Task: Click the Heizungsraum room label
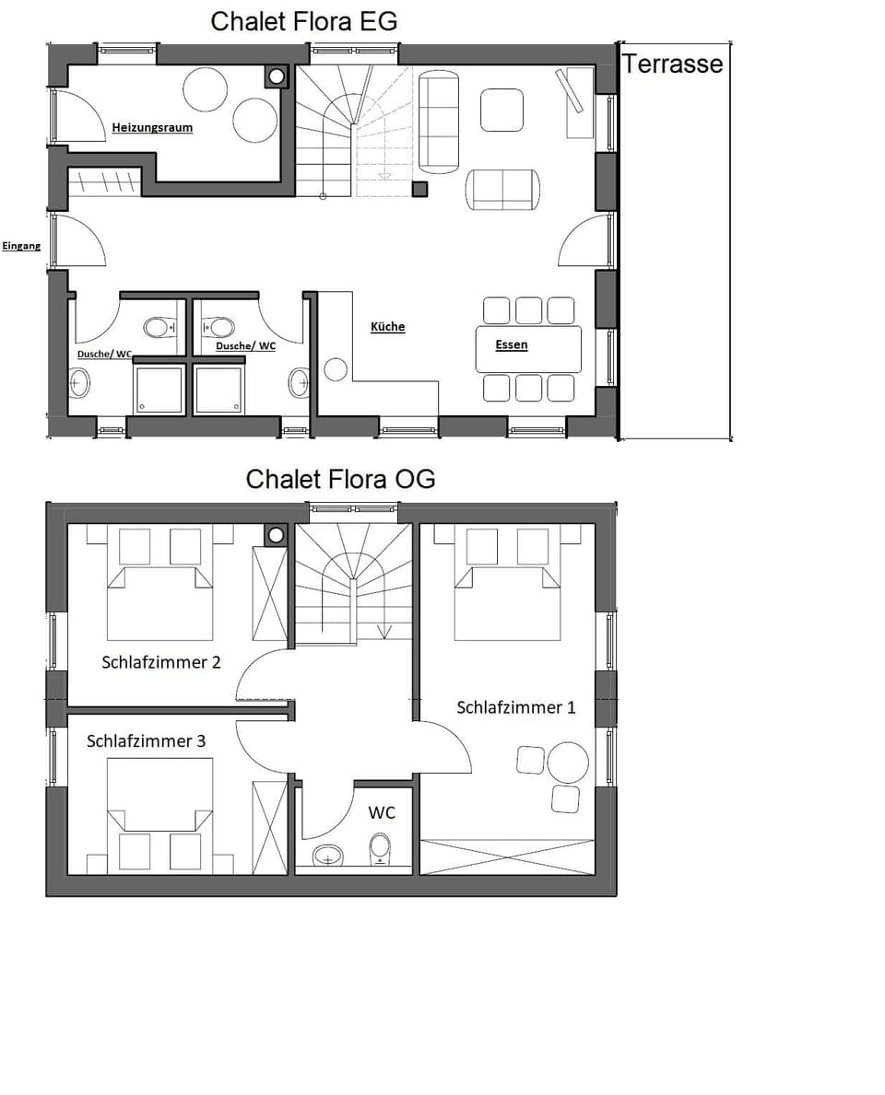pyautogui.click(x=152, y=127)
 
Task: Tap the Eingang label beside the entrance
pyautogui.click(x=21, y=246)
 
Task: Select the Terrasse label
pyautogui.click(x=672, y=64)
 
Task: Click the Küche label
pyautogui.click(x=387, y=327)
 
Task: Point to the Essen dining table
pyautogui.click(x=528, y=349)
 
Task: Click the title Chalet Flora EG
pyautogui.click(x=304, y=21)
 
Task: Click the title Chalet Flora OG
pyautogui.click(x=340, y=479)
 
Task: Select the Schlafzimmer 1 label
pyautogui.click(x=515, y=707)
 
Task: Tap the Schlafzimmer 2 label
pyautogui.click(x=160, y=662)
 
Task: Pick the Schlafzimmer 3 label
pyautogui.click(x=146, y=740)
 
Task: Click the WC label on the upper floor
pyautogui.click(x=382, y=812)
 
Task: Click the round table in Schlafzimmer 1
pyautogui.click(x=568, y=762)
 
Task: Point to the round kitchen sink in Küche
pyautogui.click(x=336, y=370)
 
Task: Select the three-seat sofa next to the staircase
pyautogui.click(x=439, y=123)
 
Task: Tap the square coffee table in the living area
pyautogui.click(x=501, y=110)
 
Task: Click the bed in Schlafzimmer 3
pyautogui.click(x=159, y=815)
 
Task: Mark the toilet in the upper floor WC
pyautogui.click(x=380, y=847)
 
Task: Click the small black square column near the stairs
pyautogui.click(x=419, y=189)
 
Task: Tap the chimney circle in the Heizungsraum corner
pyautogui.click(x=276, y=76)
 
